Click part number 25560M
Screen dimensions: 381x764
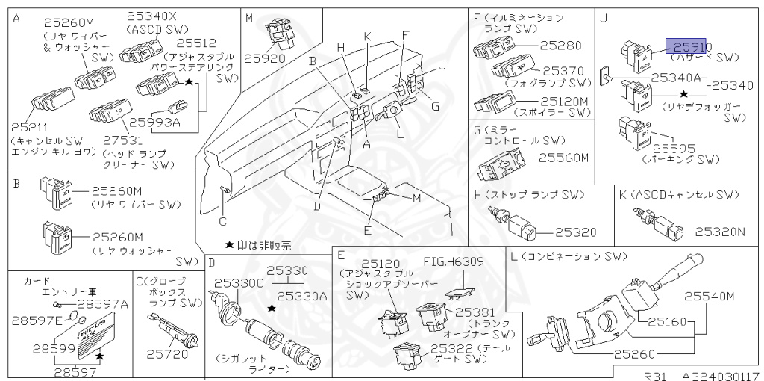click(x=564, y=158)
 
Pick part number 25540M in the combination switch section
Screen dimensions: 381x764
click(x=710, y=297)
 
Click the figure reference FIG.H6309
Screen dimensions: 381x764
click(x=454, y=261)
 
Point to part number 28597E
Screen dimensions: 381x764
click(x=37, y=320)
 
